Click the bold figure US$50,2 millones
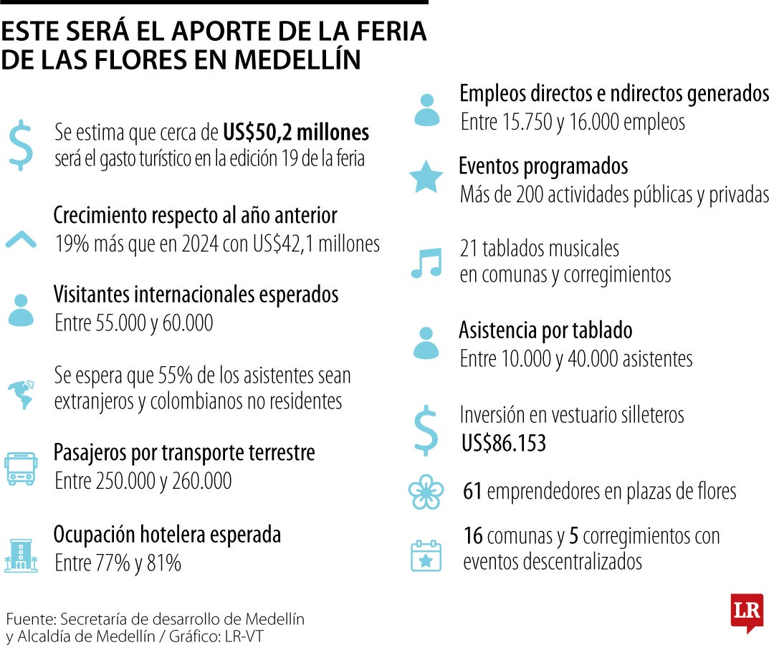295,132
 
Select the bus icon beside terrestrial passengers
21,469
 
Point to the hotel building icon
21,555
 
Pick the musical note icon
426,262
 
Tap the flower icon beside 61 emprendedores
426,492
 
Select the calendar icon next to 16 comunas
426,555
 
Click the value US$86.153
504,444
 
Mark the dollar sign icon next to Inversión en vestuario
426,430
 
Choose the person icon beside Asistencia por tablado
426,343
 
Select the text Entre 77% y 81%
118,563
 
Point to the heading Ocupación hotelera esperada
167,535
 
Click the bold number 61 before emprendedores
472,492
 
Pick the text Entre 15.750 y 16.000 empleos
572,123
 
